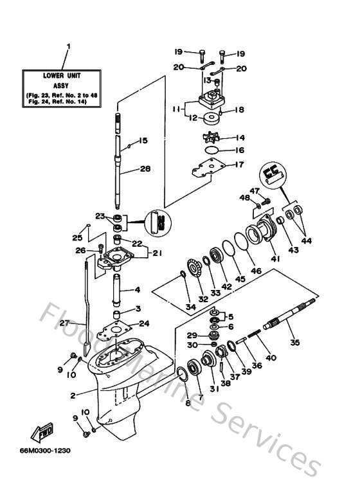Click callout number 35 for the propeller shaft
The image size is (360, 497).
point(296,343)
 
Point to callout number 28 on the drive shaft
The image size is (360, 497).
point(146,169)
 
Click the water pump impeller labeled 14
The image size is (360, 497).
point(208,138)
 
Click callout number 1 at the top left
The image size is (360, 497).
point(69,46)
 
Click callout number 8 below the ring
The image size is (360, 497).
point(188,403)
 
